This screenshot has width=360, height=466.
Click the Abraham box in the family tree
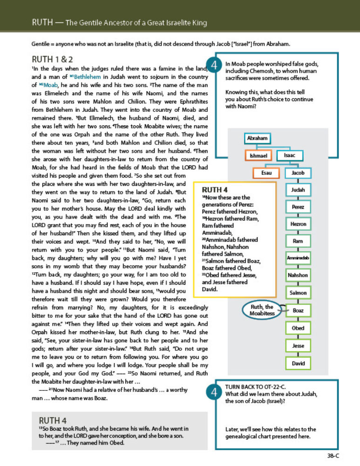257,138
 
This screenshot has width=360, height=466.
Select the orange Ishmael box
258,156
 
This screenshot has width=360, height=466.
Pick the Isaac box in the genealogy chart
290,156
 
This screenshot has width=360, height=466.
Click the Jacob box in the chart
298,173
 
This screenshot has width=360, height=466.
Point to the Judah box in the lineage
298,190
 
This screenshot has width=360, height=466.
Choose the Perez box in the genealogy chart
298,207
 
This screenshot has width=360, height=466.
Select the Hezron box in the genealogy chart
298,224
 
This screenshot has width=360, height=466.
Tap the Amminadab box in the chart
298,258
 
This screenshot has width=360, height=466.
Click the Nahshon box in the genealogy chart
298,275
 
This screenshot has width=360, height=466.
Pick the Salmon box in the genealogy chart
298,293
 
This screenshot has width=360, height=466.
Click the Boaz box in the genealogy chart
298,310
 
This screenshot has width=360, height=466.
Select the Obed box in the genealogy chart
298,328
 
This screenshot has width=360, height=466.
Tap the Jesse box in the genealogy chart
298,346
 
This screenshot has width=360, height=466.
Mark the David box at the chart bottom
298,363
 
